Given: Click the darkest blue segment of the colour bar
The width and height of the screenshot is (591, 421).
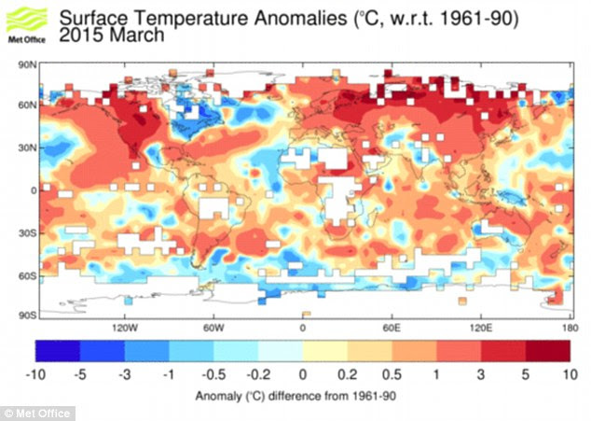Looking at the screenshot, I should click(x=58, y=350).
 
